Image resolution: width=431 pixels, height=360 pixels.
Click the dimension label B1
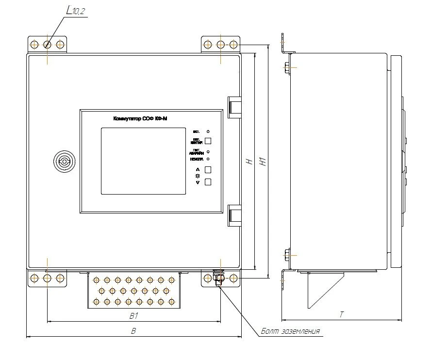coord(134,316)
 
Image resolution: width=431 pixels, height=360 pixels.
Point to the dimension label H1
coord(263,161)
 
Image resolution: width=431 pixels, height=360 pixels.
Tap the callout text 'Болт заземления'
coord(290,331)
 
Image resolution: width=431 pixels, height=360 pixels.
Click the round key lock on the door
coord(64,162)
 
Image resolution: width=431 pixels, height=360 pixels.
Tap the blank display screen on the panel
coord(144,161)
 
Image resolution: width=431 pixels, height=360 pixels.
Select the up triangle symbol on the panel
coord(198,169)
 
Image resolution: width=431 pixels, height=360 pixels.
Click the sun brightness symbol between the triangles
coord(198,176)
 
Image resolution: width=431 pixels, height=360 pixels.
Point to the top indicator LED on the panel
coord(208,131)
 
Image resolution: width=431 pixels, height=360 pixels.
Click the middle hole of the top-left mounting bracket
coord(47,45)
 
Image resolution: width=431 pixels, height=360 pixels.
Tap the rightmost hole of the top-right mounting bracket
coord(233,45)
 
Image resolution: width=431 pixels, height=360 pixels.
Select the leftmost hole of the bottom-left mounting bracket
coord(34,278)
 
